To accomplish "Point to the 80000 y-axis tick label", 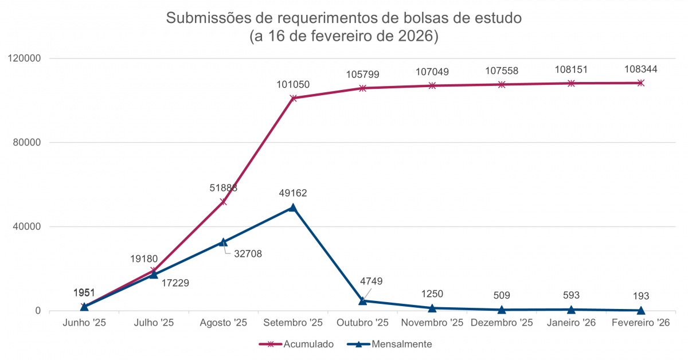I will coord(28,143).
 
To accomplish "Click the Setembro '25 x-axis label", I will coord(293,323).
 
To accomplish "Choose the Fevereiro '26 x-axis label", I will coord(641,323).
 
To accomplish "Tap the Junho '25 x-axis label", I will coord(84,323).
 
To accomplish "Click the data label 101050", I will coord(293,84).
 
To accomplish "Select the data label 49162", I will coord(293,193).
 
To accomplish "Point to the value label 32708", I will coord(248,253).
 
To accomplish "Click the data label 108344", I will coord(641,69).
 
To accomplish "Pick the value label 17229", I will coord(175,282).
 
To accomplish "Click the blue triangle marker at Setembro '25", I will coord(293,208).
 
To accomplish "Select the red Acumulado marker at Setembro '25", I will coord(293,98).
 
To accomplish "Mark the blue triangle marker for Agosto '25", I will coord(224,242).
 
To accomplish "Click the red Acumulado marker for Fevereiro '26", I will coord(641,83).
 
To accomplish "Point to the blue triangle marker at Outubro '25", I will coord(362,300).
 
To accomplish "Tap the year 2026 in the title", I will coord(416,36).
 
